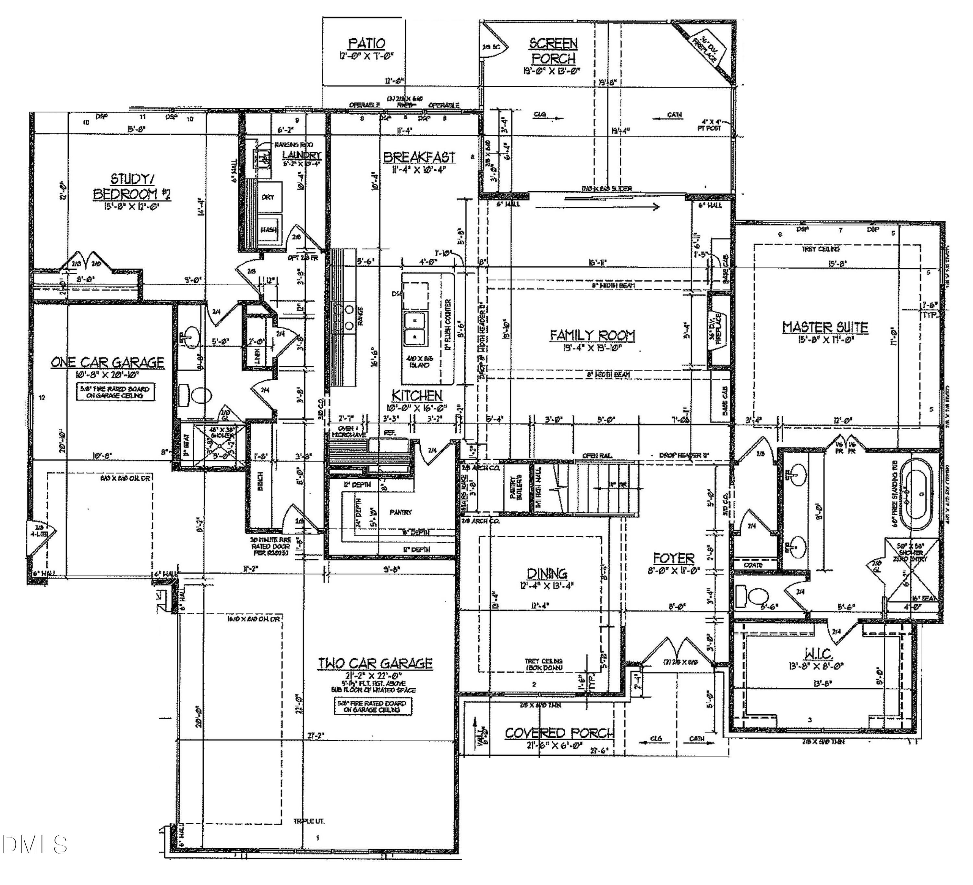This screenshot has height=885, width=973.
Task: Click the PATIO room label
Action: coord(367,43)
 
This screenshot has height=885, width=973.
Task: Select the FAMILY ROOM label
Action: coord(593,335)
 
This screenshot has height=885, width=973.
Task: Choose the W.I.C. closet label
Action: coord(818,654)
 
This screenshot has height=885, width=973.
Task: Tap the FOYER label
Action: coord(673,559)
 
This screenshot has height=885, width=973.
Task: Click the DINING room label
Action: coord(547,573)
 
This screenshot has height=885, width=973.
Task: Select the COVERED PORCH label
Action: coord(559,733)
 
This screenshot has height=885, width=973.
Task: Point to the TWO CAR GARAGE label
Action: coord(375,663)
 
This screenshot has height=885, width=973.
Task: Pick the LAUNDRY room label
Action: coord(302,155)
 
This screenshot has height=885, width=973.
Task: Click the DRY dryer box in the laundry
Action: coord(268,197)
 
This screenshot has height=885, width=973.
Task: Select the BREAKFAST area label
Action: coord(419,157)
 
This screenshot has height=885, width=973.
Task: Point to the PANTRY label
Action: coord(400,512)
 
